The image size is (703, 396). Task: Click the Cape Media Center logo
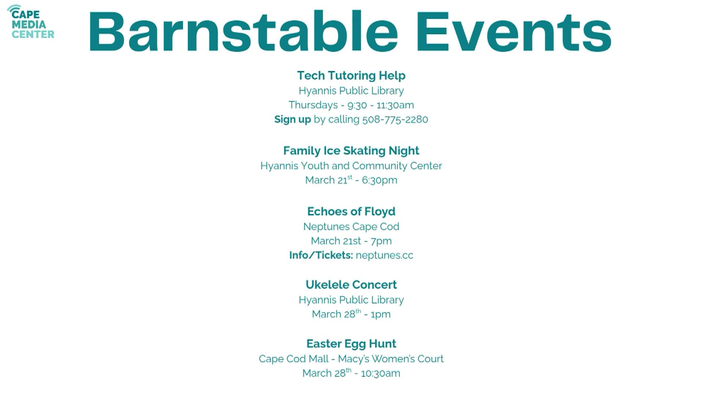point(31,22)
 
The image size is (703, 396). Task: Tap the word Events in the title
point(513,32)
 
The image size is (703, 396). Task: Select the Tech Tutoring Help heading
point(351,76)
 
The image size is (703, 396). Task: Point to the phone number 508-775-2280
point(395,120)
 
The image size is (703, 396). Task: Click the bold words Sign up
point(293,120)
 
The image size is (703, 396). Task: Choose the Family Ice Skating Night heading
point(351,151)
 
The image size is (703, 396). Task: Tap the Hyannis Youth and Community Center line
point(351,166)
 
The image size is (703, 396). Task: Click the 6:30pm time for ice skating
point(379,180)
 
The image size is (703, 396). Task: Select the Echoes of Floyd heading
point(351,212)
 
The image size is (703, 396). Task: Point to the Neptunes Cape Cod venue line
point(351,227)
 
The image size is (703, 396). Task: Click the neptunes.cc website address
point(384,255)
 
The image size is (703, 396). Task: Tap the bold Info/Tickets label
point(321,255)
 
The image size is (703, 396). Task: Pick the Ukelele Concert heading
point(351,285)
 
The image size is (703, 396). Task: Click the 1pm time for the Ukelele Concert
point(380,315)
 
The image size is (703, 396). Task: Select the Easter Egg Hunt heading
point(351,344)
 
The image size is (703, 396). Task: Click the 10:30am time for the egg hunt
point(380,374)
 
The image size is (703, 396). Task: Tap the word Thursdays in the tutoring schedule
point(313,105)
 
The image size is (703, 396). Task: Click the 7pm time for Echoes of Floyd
point(381,241)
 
